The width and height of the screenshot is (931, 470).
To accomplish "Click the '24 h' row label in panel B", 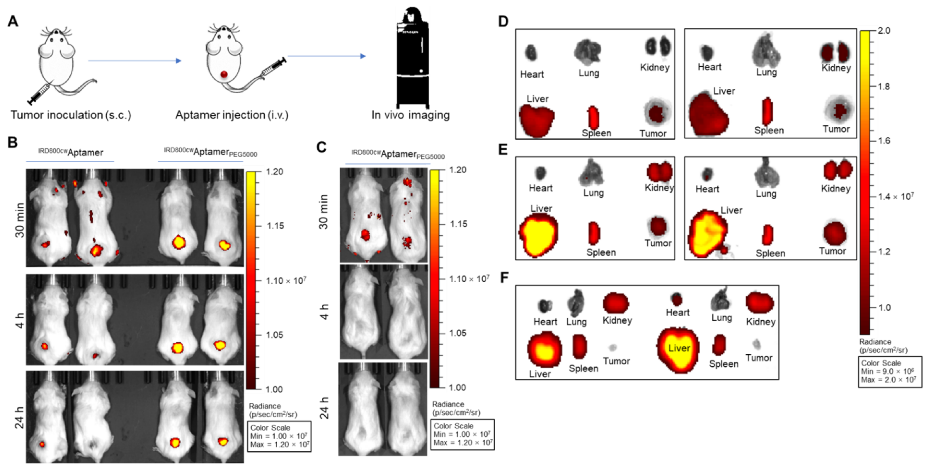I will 20,417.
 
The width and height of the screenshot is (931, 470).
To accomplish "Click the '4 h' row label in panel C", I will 324,311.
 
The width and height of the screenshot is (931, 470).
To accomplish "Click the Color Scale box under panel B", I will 279,436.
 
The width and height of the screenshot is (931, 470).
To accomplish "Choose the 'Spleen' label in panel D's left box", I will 596,133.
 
